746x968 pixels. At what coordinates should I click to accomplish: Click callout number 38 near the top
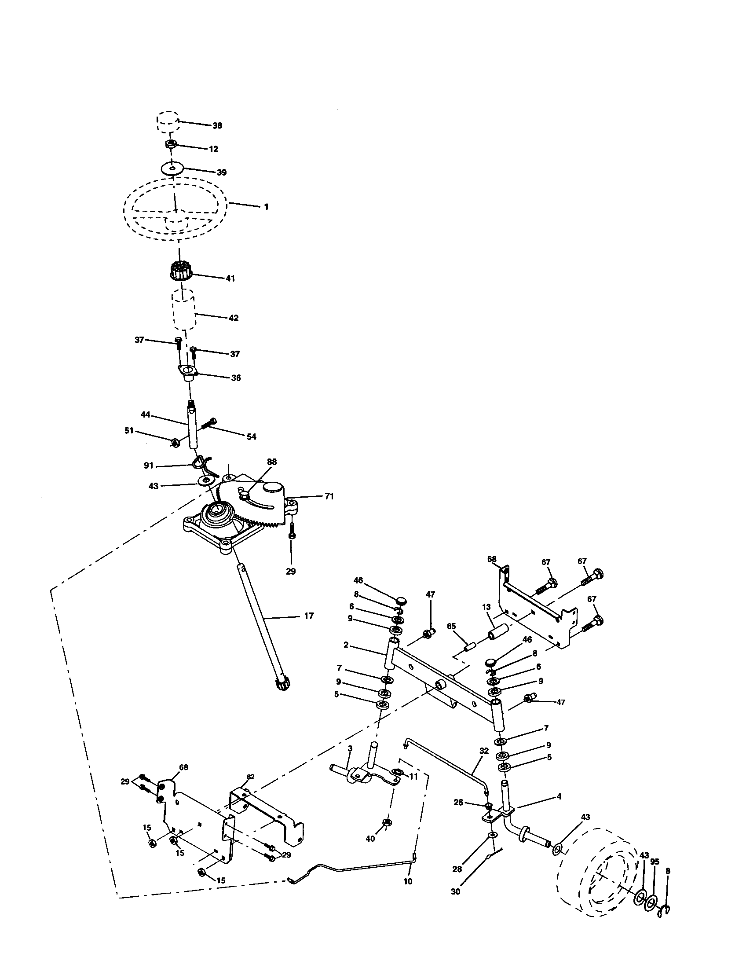(x=217, y=125)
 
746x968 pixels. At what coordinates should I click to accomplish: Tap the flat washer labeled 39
(x=172, y=169)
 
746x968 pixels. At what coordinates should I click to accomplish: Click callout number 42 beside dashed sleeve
(x=234, y=318)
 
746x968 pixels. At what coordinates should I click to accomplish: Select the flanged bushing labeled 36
(x=188, y=372)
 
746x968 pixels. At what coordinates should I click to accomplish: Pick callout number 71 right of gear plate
(x=329, y=496)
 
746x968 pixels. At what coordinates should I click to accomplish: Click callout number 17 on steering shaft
(x=309, y=616)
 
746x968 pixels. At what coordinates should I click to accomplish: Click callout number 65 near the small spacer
(x=451, y=626)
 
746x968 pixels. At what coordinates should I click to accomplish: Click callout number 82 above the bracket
(x=251, y=777)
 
